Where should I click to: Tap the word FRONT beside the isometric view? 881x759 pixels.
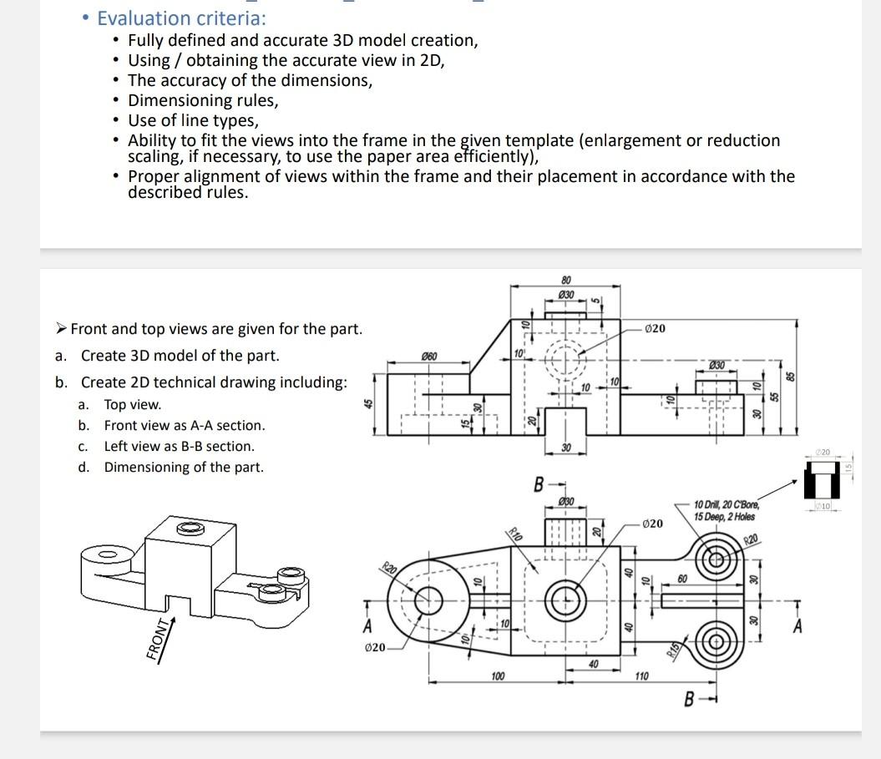[155, 640]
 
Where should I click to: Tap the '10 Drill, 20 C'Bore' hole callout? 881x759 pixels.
[726, 509]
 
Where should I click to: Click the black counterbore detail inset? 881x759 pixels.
[820, 484]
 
